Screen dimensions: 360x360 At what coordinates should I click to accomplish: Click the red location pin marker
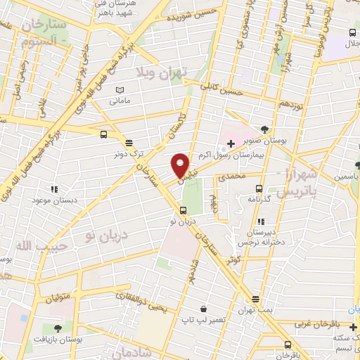[181, 166]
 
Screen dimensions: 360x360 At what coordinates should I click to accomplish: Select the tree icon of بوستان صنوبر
[264, 129]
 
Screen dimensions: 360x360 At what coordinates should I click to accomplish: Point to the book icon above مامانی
[120, 91]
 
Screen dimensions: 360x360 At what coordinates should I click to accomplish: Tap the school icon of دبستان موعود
[53, 188]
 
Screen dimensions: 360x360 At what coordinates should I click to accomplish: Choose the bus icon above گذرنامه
[259, 188]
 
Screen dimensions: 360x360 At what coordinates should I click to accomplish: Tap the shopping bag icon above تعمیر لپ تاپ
[203, 309]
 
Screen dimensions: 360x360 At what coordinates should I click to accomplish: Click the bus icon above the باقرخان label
[288, 345]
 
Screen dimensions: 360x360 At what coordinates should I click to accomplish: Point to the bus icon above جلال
[352, 33]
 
